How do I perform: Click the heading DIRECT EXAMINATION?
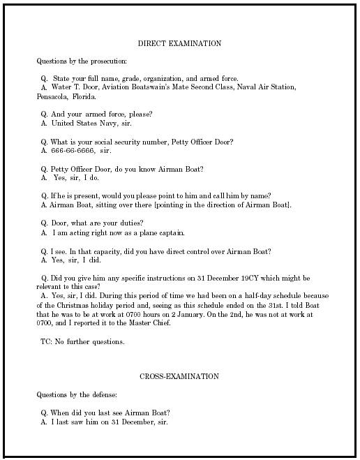(x=179, y=43)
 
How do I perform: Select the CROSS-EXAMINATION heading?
(x=179, y=376)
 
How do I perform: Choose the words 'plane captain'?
(x=163, y=232)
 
